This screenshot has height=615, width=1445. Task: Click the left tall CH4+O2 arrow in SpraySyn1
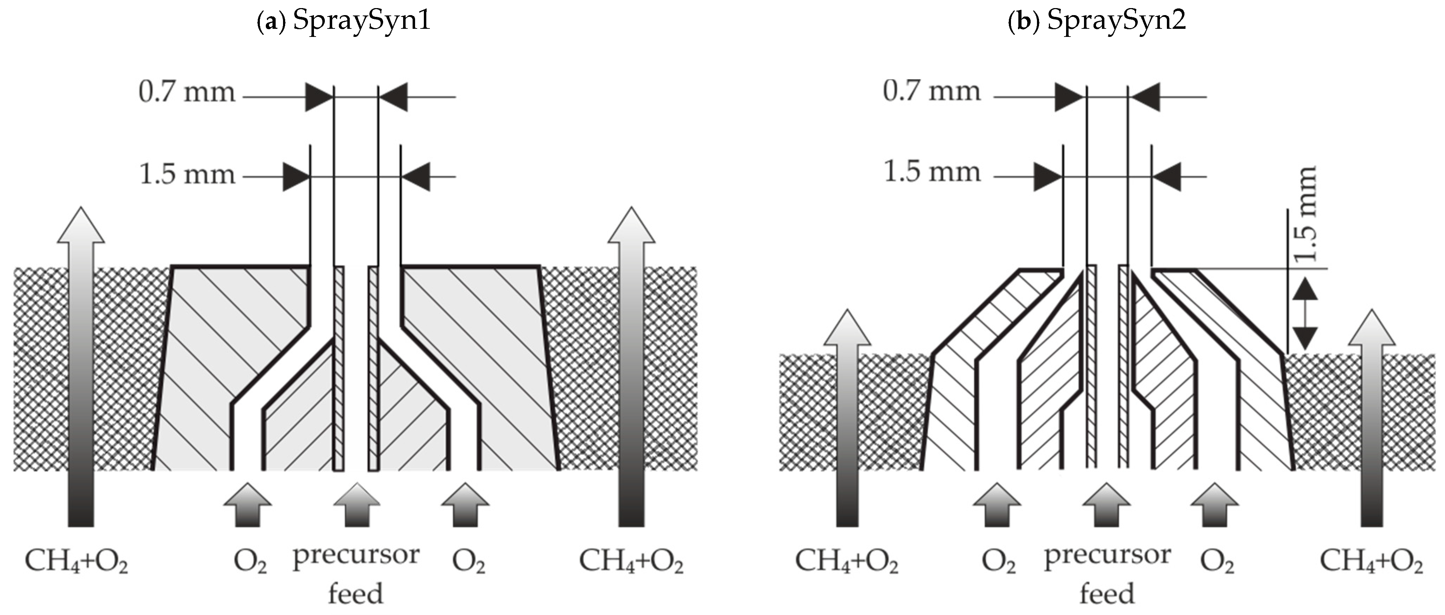[x=81, y=365]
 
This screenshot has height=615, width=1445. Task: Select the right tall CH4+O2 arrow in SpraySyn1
[x=631, y=365]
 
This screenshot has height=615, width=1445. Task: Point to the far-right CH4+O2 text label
[x=1371, y=561]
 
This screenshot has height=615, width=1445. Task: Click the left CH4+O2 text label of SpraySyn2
[x=847, y=561]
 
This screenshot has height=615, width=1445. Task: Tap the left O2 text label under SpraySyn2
[x=998, y=562]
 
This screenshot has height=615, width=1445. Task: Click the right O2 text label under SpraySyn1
[x=468, y=562]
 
